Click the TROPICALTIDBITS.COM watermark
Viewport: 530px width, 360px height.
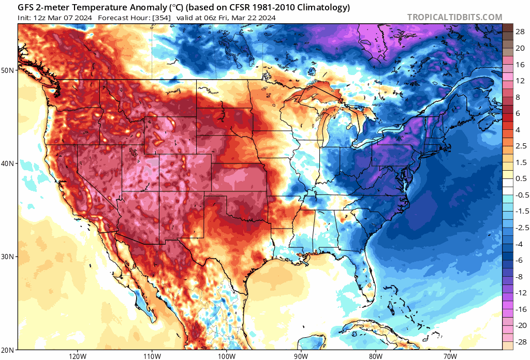click(454, 17)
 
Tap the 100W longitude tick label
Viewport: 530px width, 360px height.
click(226, 355)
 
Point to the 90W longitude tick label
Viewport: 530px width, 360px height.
click(301, 355)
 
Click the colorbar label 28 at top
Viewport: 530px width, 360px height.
click(520, 32)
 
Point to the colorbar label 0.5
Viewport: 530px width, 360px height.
click(520, 178)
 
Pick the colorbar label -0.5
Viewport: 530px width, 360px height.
click(519, 195)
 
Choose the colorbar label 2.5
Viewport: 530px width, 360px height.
click(520, 146)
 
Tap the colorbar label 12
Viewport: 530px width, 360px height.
click(520, 80)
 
